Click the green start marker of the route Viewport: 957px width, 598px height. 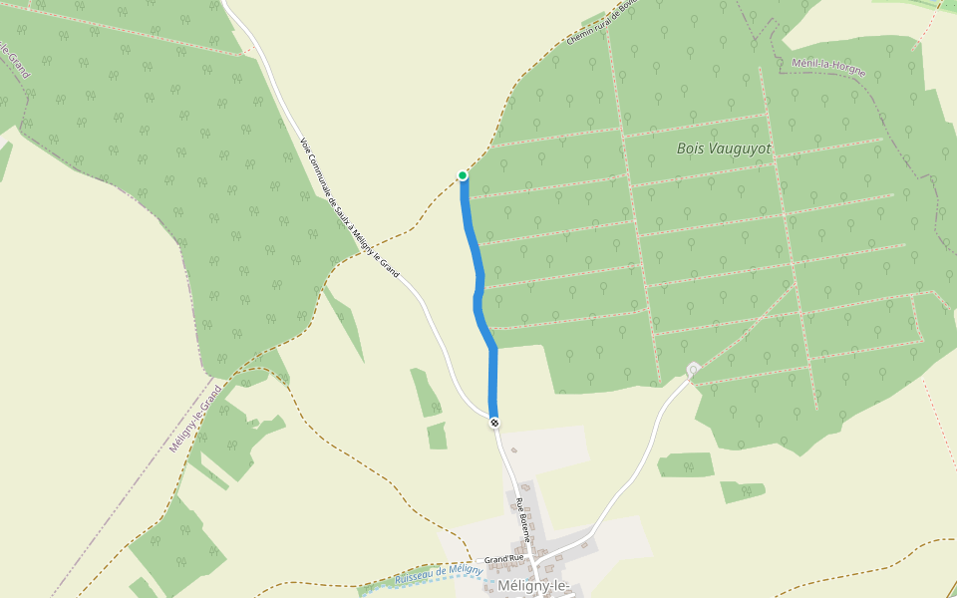(463, 175)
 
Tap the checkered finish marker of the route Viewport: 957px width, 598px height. (494, 423)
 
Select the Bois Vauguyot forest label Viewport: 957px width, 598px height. (725, 149)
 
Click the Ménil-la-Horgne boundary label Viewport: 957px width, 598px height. (828, 68)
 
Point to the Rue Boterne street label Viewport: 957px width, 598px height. (521, 512)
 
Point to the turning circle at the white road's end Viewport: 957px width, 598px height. (693, 370)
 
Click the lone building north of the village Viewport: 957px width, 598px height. (514, 450)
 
